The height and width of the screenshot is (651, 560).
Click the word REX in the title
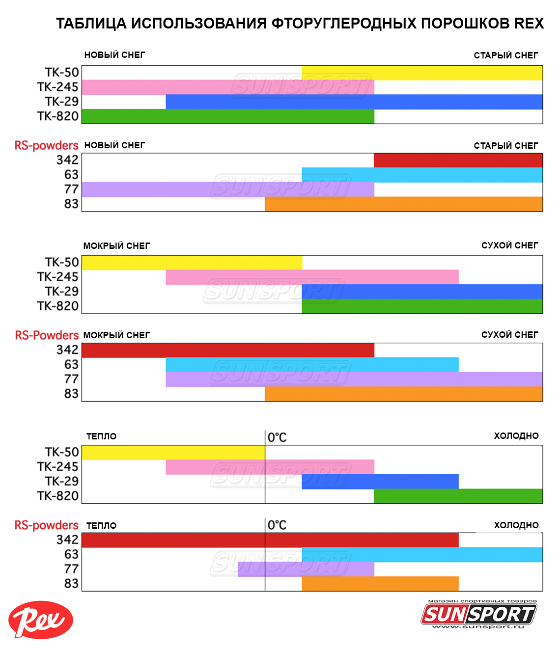coord(529,23)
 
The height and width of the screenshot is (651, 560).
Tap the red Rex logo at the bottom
coord(41,620)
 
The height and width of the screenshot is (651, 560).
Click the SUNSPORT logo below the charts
coord(478,614)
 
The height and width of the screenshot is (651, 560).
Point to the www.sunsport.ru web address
coord(478,626)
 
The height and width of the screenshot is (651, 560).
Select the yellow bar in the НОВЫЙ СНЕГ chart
coord(422,73)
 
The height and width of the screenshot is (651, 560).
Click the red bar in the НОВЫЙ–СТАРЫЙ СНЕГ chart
coord(458,160)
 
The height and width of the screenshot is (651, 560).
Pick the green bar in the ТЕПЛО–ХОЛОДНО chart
coord(458,496)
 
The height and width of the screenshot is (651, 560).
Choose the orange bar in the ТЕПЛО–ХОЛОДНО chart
coord(380,583)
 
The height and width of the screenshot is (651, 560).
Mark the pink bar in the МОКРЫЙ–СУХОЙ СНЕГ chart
coord(312,277)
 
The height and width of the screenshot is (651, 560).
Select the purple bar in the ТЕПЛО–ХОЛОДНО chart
coord(306,569)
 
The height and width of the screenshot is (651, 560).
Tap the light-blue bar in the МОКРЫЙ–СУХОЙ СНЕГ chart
coord(312,365)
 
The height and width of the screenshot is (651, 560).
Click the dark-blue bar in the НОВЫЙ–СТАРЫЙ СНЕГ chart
coord(354,102)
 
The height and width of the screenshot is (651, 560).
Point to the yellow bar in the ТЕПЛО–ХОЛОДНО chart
coord(173,452)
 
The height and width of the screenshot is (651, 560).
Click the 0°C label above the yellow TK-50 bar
coord(277,437)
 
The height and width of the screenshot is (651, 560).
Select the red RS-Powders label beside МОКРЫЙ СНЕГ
coord(47,335)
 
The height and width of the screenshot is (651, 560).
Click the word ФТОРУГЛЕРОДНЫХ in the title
coord(344,23)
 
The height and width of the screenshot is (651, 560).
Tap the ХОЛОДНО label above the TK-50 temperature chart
coord(516,436)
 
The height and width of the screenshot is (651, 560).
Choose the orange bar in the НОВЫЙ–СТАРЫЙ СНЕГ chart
coord(403,204)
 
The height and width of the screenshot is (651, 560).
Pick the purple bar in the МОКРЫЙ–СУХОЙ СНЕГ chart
coord(354,379)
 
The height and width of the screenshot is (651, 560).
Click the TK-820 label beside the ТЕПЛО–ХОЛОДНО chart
coord(58,496)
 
